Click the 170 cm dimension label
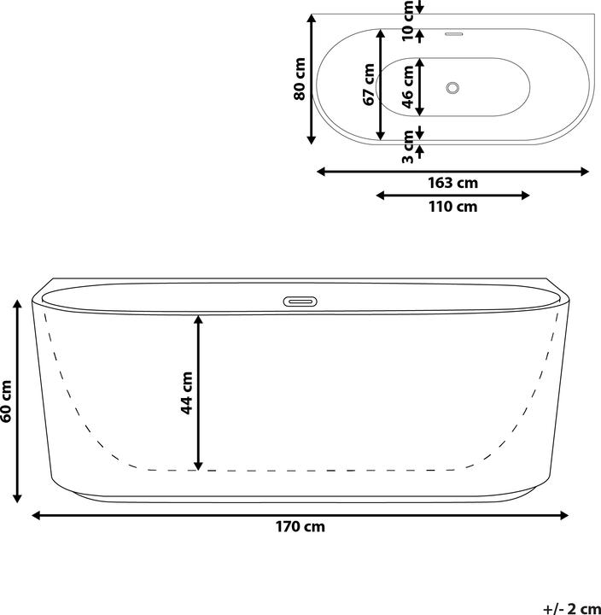pos(300,527)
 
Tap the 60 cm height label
pos(7,401)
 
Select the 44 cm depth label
pos(187,392)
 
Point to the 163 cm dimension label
pos(452,183)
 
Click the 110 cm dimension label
pos(452,207)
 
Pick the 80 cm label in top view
pos(300,79)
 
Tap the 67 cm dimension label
pos(369,85)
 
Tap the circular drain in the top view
pos(453,87)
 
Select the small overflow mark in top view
pos(453,35)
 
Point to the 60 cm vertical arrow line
pos(18,401)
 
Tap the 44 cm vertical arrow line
pos(198,392)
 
